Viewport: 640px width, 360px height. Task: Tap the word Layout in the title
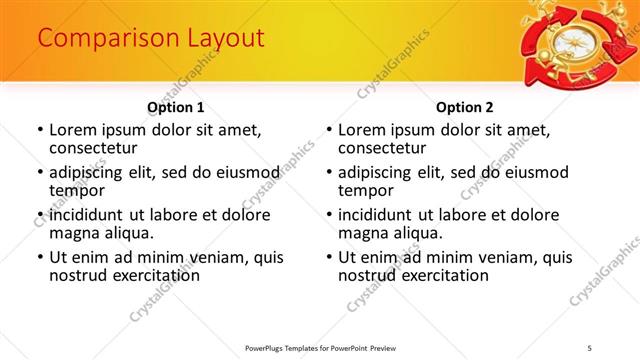coord(217,39)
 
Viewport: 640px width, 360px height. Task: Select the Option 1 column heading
coord(176,107)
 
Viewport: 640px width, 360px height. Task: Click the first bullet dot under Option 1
coord(40,130)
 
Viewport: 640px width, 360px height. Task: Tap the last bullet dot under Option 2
coord(329,257)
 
